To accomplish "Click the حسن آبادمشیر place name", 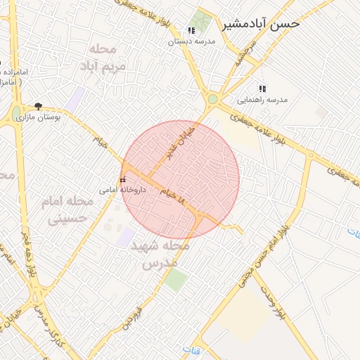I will (x=261, y=23).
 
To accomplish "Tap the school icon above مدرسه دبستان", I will (x=191, y=31).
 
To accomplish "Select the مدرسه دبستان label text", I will (x=191, y=41).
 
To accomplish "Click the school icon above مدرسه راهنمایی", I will (x=262, y=89).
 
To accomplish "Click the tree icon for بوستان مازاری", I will (x=38, y=105).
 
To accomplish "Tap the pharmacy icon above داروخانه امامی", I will (x=124, y=179).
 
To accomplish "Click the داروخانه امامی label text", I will (x=122, y=189).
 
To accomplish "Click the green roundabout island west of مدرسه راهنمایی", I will (x=212, y=99).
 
